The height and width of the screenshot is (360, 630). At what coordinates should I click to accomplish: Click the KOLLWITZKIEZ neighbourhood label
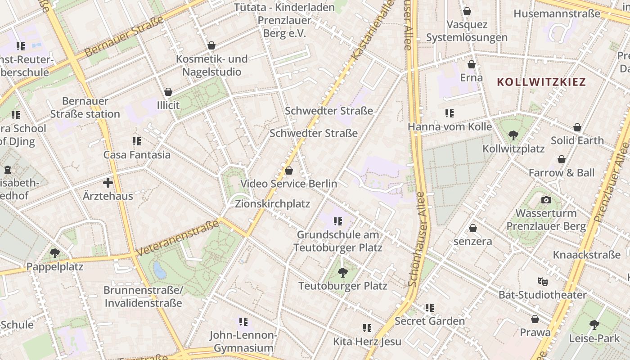point(541,82)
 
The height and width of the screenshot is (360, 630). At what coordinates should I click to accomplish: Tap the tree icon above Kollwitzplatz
point(513,135)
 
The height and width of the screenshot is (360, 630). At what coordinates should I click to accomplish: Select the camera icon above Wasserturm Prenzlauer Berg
point(546,200)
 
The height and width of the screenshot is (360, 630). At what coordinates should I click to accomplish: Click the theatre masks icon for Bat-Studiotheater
point(543,282)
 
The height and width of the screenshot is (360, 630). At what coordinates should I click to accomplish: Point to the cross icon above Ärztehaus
point(108,183)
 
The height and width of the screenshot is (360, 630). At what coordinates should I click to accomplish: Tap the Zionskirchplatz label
point(272,204)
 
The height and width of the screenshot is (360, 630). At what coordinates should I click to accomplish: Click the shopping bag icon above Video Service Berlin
point(289,171)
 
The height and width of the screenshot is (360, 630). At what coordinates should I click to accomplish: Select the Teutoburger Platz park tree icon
point(343,272)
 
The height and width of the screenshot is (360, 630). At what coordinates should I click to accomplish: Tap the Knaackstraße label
point(586,255)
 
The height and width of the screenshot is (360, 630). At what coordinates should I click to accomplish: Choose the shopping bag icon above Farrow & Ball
point(562,159)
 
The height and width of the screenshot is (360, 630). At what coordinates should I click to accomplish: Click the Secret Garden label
point(429,321)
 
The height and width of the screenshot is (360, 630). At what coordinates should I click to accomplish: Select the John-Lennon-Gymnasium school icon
point(243,321)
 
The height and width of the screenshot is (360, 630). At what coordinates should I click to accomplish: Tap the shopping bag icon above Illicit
point(168,92)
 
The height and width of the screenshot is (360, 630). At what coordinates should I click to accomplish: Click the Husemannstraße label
point(557,13)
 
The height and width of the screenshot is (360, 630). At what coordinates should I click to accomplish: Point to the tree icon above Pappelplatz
point(55,253)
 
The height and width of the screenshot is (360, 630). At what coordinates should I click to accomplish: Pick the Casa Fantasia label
point(137,155)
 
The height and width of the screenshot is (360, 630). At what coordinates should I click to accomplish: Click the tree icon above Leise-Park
point(594,324)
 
